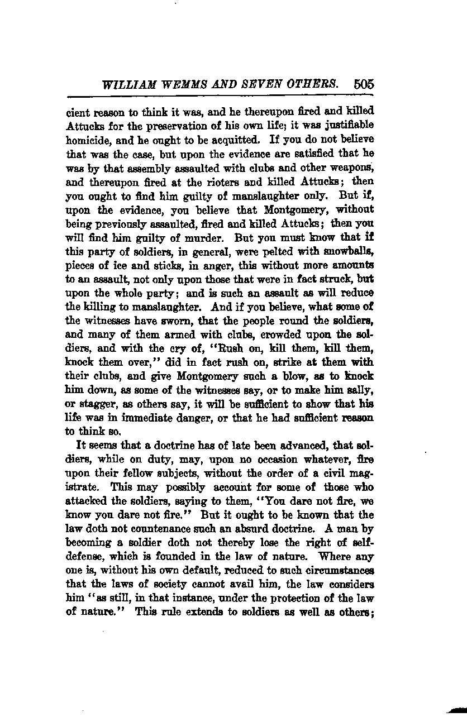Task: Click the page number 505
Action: click(363, 84)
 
